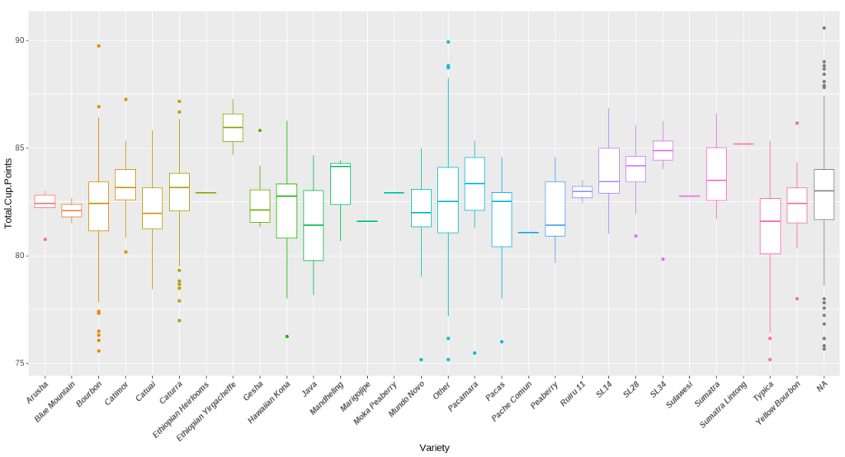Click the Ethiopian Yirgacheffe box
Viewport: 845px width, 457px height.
[233, 128]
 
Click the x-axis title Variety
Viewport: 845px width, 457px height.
[433, 448]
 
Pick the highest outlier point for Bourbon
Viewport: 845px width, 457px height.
[99, 46]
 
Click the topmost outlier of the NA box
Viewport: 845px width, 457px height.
[824, 28]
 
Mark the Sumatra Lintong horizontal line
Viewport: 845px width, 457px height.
[743, 144]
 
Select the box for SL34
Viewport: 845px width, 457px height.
[663, 150]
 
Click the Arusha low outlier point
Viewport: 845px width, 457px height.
[45, 239]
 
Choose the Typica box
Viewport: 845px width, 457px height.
[770, 226]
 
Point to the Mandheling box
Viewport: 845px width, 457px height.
[340, 184]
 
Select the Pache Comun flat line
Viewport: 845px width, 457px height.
[528, 233]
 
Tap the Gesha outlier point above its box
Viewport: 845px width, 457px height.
[260, 130]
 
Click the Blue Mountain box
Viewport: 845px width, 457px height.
[72, 210]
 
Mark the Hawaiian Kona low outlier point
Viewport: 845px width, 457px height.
[287, 337]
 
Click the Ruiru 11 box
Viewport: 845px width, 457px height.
[582, 191]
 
